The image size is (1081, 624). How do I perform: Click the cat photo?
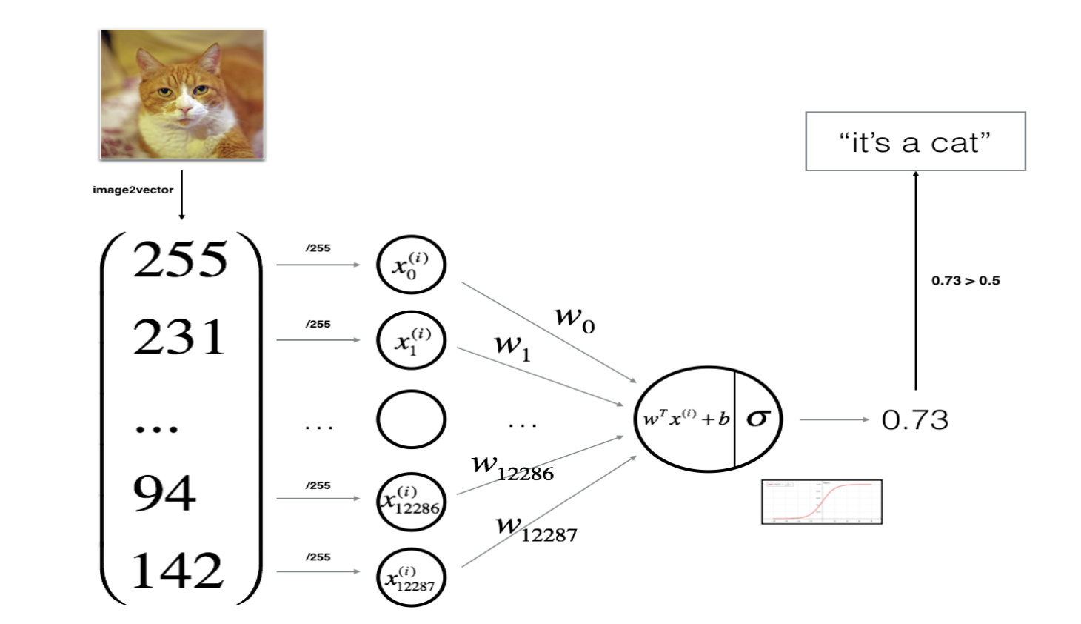coord(182,94)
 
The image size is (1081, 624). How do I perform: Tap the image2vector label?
coord(133,190)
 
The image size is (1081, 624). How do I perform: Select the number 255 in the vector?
coord(180,260)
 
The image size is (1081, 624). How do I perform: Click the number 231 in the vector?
coord(179,337)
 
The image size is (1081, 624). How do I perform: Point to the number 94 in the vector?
coord(164,493)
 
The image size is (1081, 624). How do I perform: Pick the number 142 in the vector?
coord(177,570)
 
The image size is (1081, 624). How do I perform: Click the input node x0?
coord(411,265)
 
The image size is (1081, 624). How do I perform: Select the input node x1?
coord(411,340)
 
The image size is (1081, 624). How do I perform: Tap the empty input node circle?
coord(411,419)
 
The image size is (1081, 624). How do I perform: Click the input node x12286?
coord(411,501)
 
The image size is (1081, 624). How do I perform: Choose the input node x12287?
coord(411,578)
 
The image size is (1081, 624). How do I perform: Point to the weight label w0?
coord(575,319)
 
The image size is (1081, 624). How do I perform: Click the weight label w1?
coord(512,346)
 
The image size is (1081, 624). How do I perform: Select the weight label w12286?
coord(512,468)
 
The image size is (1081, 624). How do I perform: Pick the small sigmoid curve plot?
coord(822,502)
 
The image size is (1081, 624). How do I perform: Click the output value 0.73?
coord(914,420)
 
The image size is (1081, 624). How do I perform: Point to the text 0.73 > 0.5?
coord(965,281)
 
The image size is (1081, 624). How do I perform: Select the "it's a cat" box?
coord(915,142)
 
